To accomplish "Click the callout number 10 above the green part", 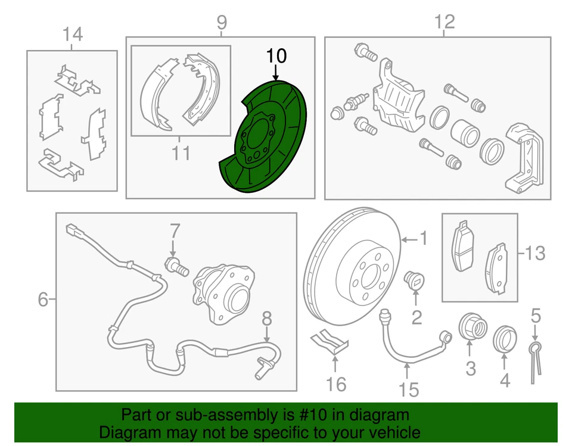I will tap(276, 57).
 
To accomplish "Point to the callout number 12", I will tap(444, 23).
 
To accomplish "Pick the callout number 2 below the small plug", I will tap(416, 317).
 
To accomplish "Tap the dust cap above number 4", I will tap(505, 339).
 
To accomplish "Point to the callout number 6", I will tap(42, 300).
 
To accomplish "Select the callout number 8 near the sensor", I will tap(266, 317).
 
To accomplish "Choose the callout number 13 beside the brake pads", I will tap(535, 254).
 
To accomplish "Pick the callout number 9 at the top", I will tap(221, 23).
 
